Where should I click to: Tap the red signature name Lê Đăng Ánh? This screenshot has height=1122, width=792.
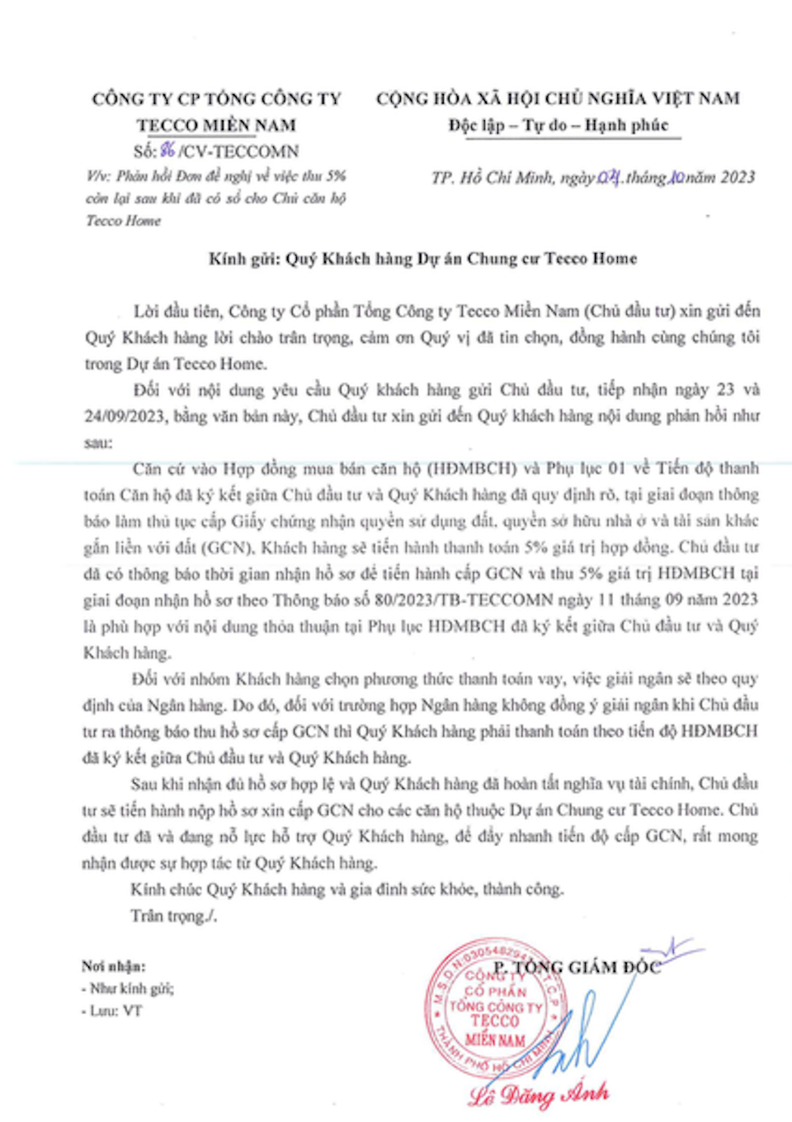[x=539, y=1095]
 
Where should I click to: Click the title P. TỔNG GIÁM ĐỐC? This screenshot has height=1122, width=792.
[x=577, y=967]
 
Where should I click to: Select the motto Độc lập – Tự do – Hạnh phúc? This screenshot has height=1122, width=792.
[x=559, y=125]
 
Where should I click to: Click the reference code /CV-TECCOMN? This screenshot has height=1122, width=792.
[x=239, y=152]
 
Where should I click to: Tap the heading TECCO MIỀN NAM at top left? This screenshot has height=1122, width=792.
[x=216, y=125]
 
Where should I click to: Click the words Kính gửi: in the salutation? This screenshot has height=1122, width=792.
[x=244, y=259]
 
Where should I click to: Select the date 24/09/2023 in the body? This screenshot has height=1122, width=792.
[x=125, y=416]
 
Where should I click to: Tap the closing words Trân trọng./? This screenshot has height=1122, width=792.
[x=173, y=916]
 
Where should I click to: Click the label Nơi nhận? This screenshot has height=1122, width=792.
[x=113, y=966]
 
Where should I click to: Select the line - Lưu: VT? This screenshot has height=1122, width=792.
[x=111, y=1011]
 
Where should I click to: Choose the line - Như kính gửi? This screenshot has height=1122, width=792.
[x=127, y=988]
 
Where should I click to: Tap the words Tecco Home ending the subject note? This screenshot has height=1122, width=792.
[x=124, y=221]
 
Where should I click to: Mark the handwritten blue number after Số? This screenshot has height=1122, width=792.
[x=167, y=150]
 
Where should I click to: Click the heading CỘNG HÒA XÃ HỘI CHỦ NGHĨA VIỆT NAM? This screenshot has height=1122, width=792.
[x=559, y=99]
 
